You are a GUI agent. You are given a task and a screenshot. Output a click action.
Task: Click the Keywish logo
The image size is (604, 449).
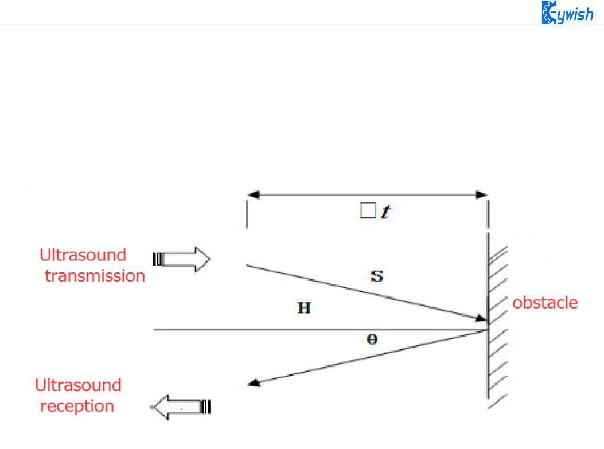click(x=567, y=13)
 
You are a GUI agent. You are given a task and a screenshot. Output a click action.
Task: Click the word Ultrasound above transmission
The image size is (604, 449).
click(x=83, y=255)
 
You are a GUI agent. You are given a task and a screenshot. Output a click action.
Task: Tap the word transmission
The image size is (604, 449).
click(x=95, y=276)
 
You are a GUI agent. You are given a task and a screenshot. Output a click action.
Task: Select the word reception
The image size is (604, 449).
click(x=77, y=406)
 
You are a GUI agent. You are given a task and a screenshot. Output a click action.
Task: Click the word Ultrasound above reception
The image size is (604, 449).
click(x=78, y=385)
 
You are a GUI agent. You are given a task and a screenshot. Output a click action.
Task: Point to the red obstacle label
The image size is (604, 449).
click(x=545, y=303)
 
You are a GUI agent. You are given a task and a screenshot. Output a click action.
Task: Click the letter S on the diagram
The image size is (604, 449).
click(x=377, y=278)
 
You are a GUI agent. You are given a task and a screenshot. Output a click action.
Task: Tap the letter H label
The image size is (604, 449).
click(x=304, y=309)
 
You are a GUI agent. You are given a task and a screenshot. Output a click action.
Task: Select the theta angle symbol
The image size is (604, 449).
click(x=372, y=339)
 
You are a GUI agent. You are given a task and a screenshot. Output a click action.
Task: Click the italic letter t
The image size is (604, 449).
click(x=387, y=213)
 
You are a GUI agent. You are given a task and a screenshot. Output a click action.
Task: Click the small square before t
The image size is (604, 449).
click(x=367, y=212)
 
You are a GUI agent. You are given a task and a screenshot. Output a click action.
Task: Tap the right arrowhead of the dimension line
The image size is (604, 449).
click(x=481, y=195)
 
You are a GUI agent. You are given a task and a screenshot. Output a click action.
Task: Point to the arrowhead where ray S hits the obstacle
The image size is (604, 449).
click(x=482, y=318)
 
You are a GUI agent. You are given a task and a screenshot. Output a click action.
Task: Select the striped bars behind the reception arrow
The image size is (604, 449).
click(x=206, y=407)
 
